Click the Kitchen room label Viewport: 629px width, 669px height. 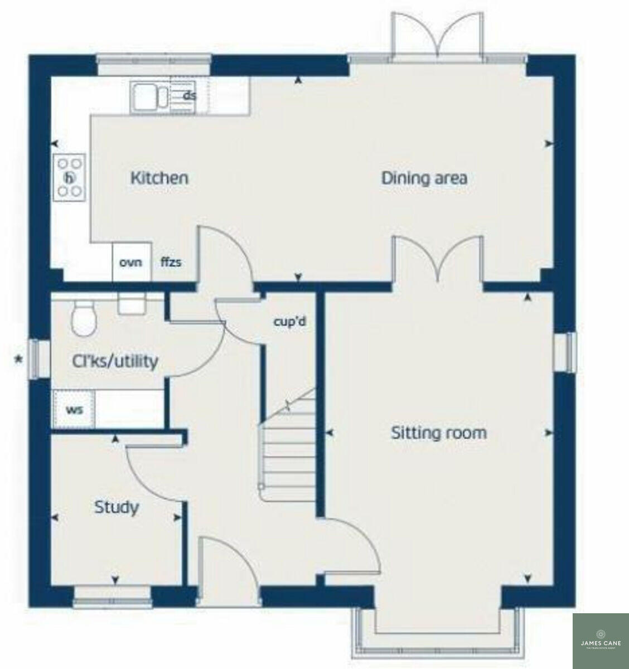tap(159, 178)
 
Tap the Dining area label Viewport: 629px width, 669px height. tap(424, 178)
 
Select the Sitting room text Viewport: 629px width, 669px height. tap(438, 433)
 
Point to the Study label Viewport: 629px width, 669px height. tap(116, 508)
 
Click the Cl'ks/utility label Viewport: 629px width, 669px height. tap(115, 362)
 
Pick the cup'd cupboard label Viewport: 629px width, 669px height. tap(290, 322)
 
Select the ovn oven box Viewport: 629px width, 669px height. tap(132, 262)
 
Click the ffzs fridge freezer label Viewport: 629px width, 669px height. tap(171, 262)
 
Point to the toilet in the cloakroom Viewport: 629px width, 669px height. tap(84, 319)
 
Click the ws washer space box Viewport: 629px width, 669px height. tap(74, 410)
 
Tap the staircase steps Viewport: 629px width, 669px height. tap(287, 457)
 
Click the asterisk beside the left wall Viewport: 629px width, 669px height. tap(18, 360)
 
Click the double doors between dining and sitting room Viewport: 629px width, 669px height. tap(437, 259)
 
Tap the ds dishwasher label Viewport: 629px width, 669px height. tap(190, 96)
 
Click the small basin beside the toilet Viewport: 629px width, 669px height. tap(132, 304)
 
